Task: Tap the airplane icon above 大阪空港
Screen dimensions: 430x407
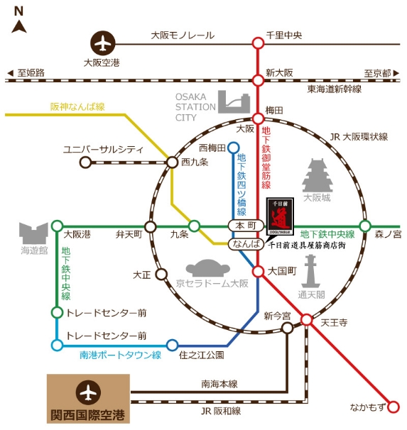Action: (104, 42)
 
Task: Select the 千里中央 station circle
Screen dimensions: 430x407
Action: (259, 43)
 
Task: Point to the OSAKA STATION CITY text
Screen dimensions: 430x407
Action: (195, 107)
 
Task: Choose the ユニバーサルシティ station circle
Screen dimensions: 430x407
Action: (86, 162)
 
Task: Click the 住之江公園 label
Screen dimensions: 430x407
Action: (201, 354)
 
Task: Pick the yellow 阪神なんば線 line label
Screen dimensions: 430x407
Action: (77, 106)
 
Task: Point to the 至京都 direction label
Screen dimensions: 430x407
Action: (376, 72)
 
